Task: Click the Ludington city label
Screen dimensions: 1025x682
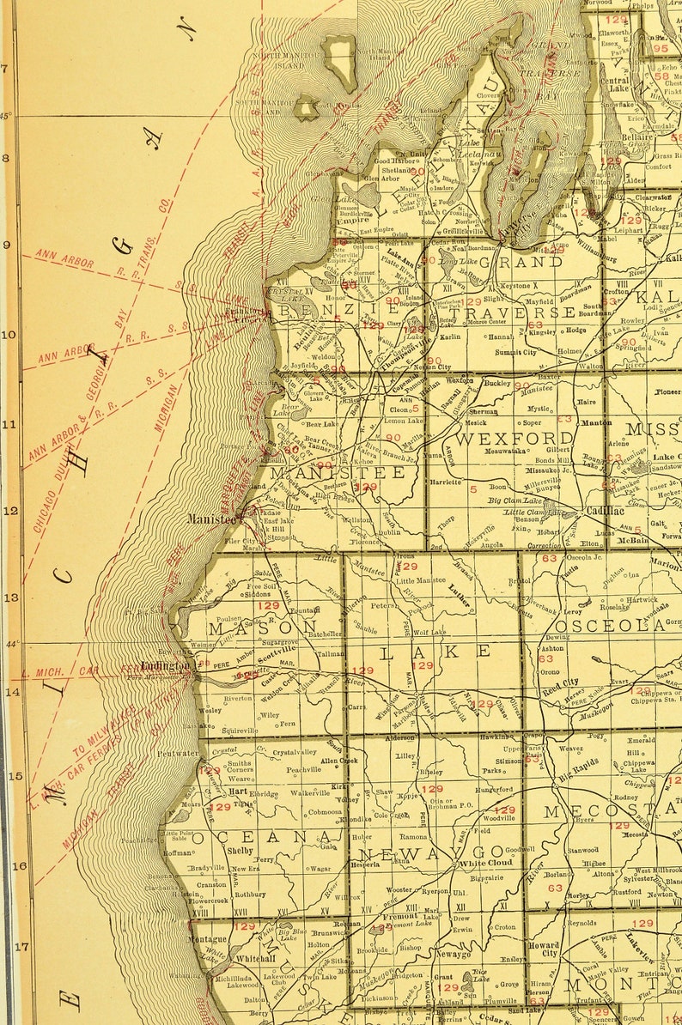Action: pyautogui.click(x=165, y=665)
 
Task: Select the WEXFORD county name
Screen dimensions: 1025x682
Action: pyautogui.click(x=502, y=439)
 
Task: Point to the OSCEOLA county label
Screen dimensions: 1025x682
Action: pyautogui.click(x=616, y=626)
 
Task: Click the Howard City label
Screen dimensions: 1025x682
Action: pyautogui.click(x=543, y=949)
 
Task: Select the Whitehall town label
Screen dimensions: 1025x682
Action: pyautogui.click(x=231, y=957)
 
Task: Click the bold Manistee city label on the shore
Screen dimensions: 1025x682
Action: pyautogui.click(x=210, y=519)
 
